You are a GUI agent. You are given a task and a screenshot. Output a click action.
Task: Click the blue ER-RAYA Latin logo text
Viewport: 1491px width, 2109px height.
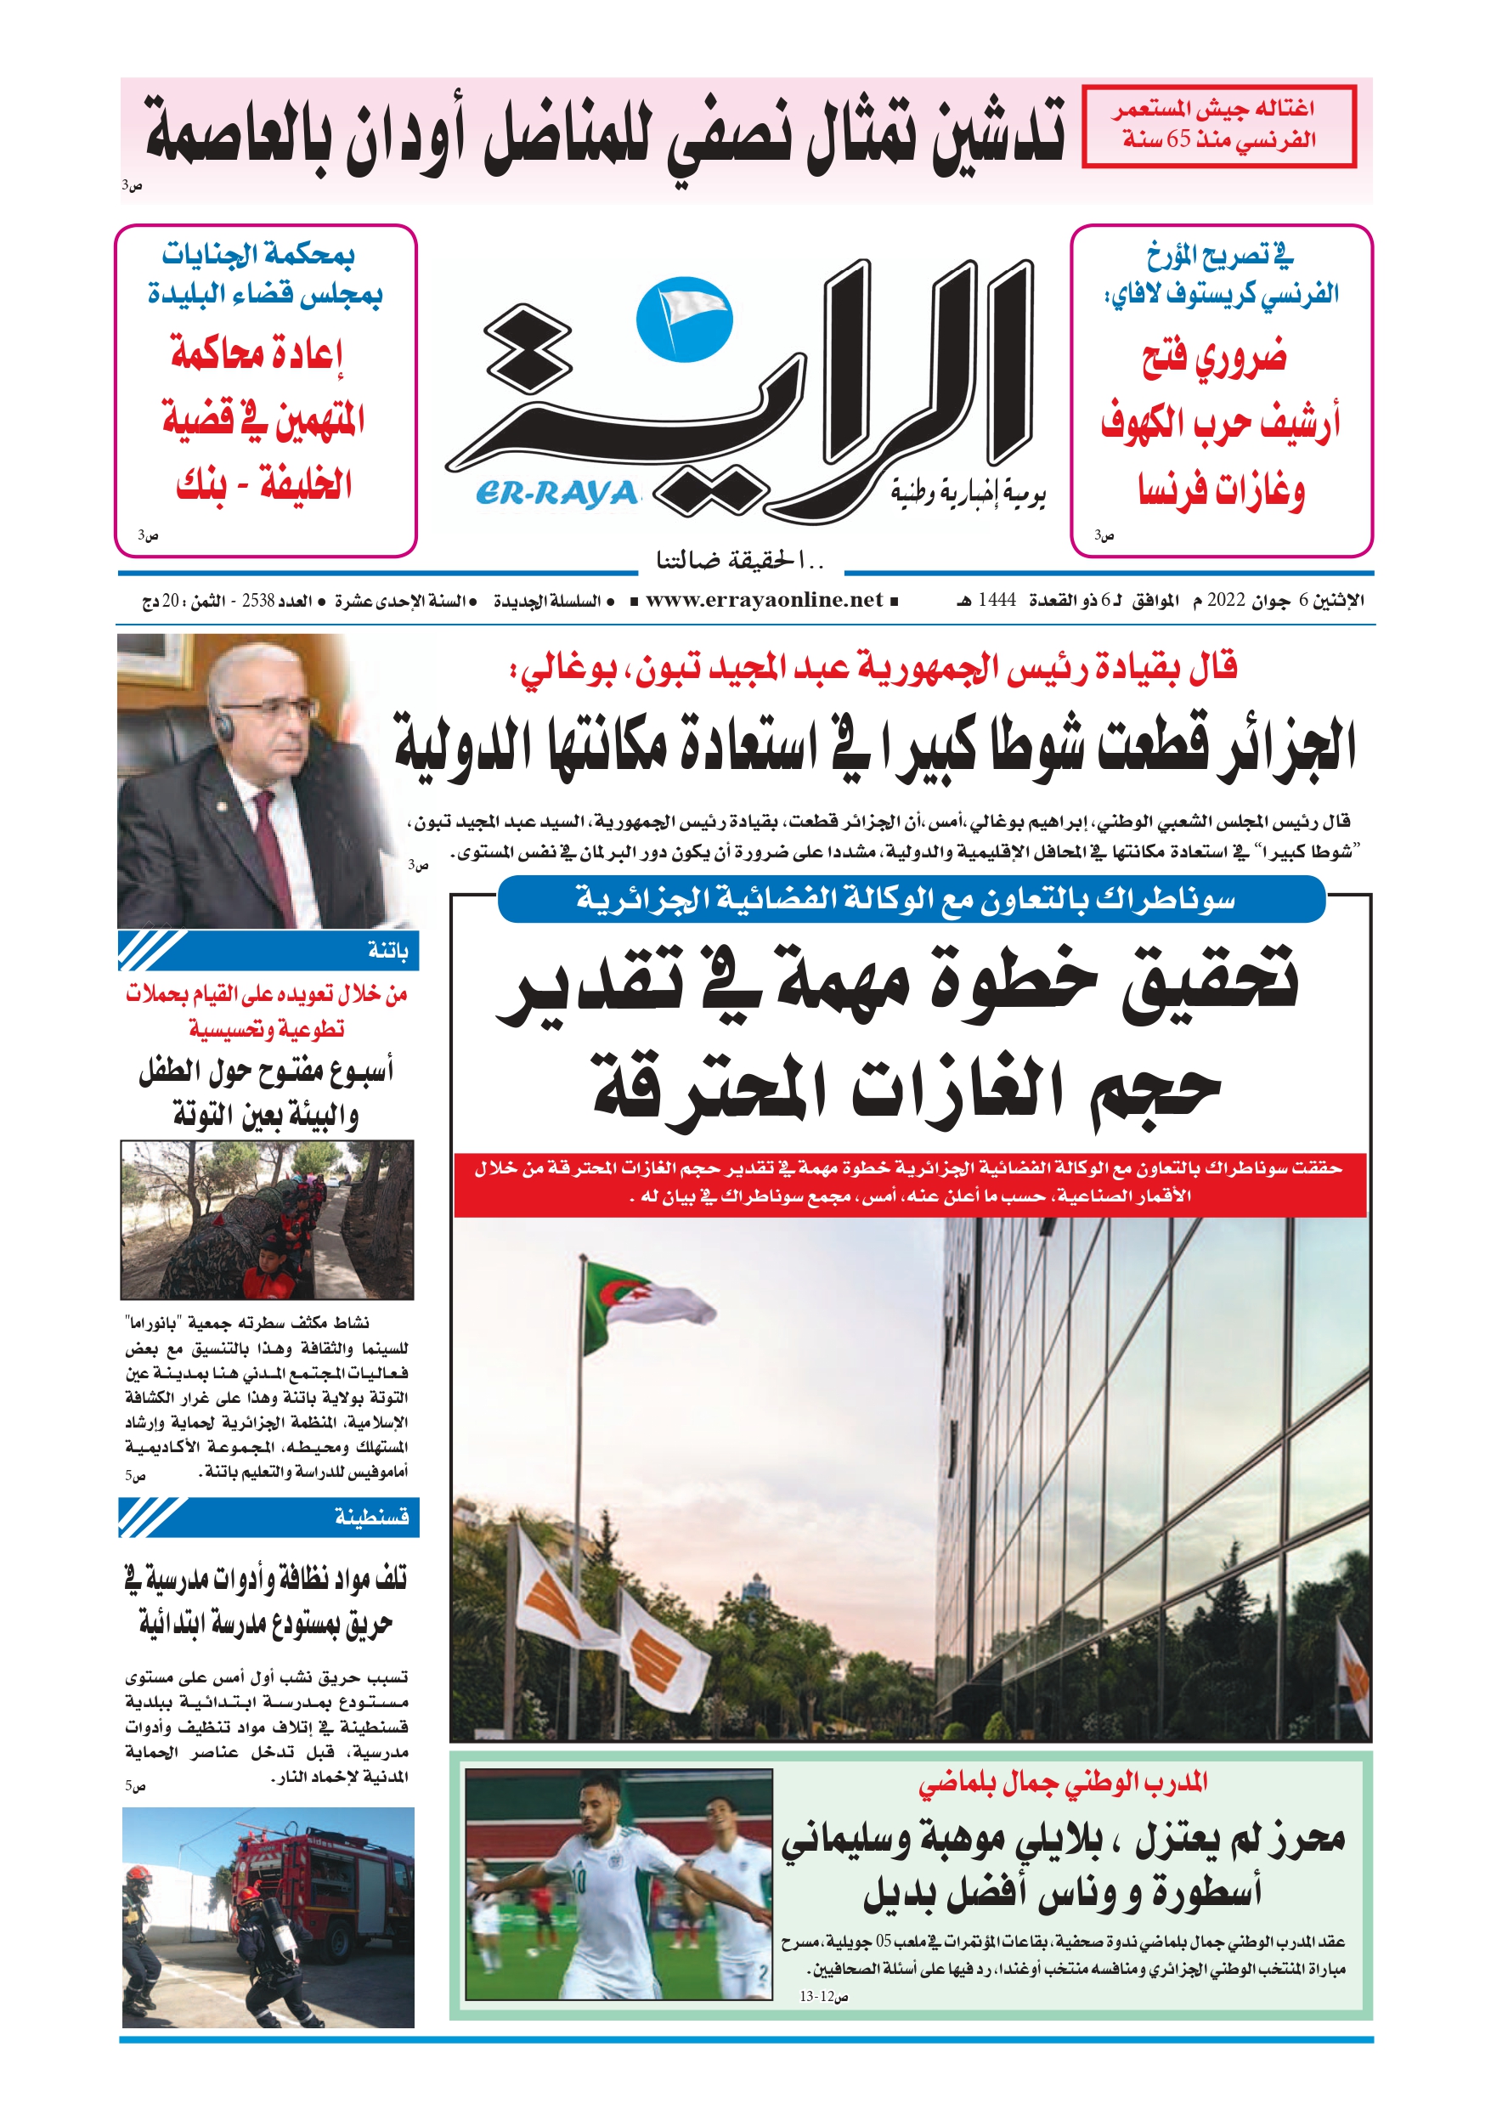(x=556, y=495)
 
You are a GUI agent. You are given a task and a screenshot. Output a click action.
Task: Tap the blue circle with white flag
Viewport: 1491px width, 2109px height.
(x=684, y=319)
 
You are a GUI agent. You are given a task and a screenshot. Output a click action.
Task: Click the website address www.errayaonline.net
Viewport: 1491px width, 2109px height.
(x=765, y=601)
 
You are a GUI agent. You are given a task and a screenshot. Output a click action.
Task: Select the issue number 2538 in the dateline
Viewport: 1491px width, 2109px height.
(x=258, y=601)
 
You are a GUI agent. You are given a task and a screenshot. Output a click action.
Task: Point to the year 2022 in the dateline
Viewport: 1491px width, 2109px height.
(x=1225, y=601)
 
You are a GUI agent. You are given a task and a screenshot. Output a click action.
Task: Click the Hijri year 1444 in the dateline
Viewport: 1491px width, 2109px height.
(x=997, y=601)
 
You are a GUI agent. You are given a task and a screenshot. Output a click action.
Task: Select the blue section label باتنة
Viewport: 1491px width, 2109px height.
(x=387, y=951)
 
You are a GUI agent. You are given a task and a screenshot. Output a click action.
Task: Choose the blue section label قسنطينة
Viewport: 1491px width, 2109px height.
(x=371, y=1517)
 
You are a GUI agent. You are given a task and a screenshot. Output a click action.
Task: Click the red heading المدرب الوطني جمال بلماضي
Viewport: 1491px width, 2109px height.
(x=1063, y=1783)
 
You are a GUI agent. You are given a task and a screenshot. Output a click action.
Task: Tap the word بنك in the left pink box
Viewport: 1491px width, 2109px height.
(x=201, y=484)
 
